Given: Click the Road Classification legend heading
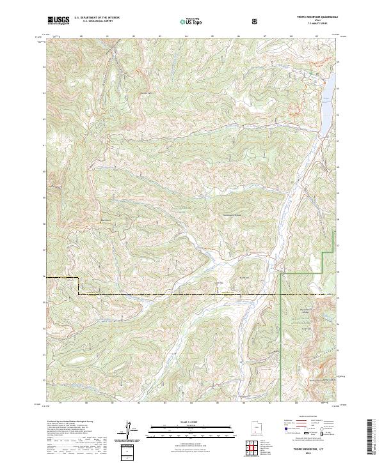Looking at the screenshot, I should pos(310,419).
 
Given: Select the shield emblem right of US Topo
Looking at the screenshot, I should pos(256,21).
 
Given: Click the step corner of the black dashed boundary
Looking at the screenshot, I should pos(79,280).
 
